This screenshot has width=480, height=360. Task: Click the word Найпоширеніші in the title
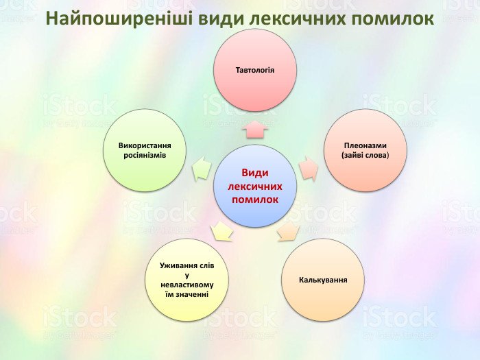pyautogui.click(x=120, y=19)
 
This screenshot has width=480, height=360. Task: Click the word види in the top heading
pyautogui.click(x=221, y=19)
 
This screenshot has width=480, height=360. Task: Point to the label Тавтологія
pyautogui.click(x=255, y=70)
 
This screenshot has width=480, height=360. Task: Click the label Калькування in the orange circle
pyautogui.click(x=323, y=280)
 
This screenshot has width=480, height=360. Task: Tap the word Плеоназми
pyautogui.click(x=365, y=145)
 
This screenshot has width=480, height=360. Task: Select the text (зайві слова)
pyautogui.click(x=365, y=155)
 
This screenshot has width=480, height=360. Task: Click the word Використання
pyautogui.click(x=145, y=145)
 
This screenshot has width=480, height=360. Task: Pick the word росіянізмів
pyautogui.click(x=145, y=155)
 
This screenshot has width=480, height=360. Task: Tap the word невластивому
pyautogui.click(x=187, y=285)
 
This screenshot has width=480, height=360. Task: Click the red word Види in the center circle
pyautogui.click(x=255, y=173)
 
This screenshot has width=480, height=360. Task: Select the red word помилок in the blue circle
pyautogui.click(x=255, y=200)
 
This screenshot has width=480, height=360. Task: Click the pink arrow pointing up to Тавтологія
pyautogui.click(x=255, y=130)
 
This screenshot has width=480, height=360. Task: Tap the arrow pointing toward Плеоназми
pyautogui.click(x=309, y=169)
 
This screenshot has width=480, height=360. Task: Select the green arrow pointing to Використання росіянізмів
pyautogui.click(x=202, y=168)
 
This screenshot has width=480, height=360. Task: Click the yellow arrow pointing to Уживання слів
pyautogui.click(x=221, y=231)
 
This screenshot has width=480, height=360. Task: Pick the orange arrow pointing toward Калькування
pyautogui.click(x=289, y=232)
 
